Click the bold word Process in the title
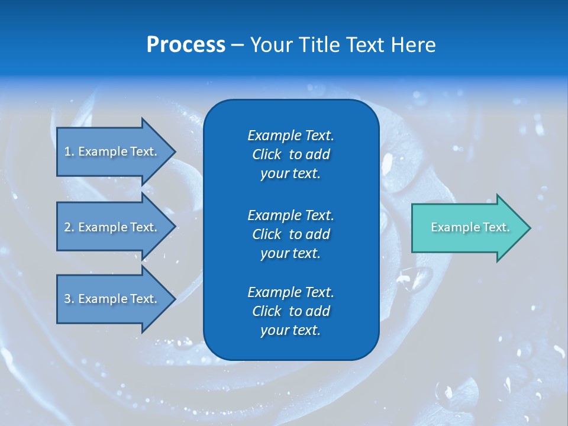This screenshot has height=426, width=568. tap(186, 45)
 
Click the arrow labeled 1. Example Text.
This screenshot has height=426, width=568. tap(112, 151)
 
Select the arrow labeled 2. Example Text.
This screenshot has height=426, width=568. tap(112, 227)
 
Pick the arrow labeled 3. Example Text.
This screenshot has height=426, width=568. tap(112, 299)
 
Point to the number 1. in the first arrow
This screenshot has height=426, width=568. tap(69, 151)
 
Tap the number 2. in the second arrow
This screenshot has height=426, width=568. tap(69, 227)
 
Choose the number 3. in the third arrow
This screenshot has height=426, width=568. tap(69, 299)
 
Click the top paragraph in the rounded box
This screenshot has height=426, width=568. tap(291, 154)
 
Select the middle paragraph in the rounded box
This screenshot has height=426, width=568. tap(291, 234)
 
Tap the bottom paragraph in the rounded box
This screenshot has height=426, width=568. tap(291, 311)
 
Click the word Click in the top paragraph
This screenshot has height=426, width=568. tap(266, 154)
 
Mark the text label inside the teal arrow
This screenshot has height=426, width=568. tap(470, 227)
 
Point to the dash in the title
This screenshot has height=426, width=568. tap(237, 46)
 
